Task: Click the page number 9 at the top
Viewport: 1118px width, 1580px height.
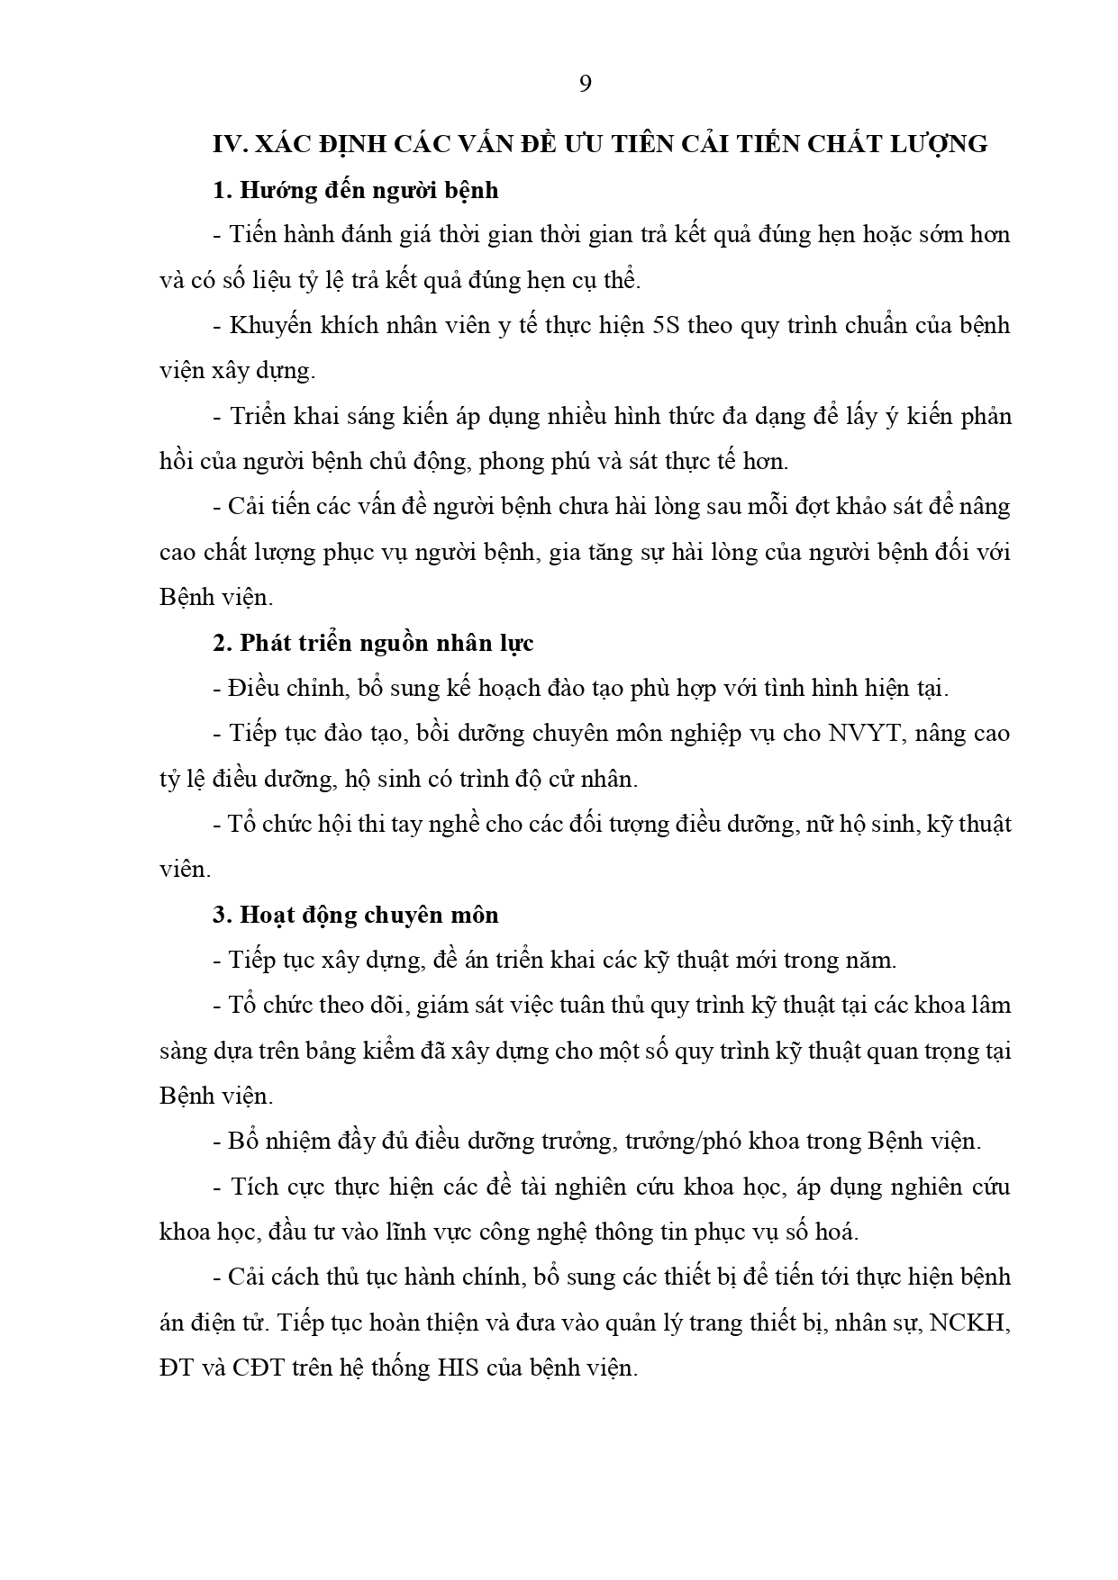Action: (x=585, y=85)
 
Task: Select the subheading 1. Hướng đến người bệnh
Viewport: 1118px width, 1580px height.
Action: (x=356, y=190)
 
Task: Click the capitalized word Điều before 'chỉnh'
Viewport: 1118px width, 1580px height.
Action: (x=251, y=689)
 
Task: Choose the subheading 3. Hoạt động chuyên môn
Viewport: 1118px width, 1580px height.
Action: (x=356, y=915)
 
